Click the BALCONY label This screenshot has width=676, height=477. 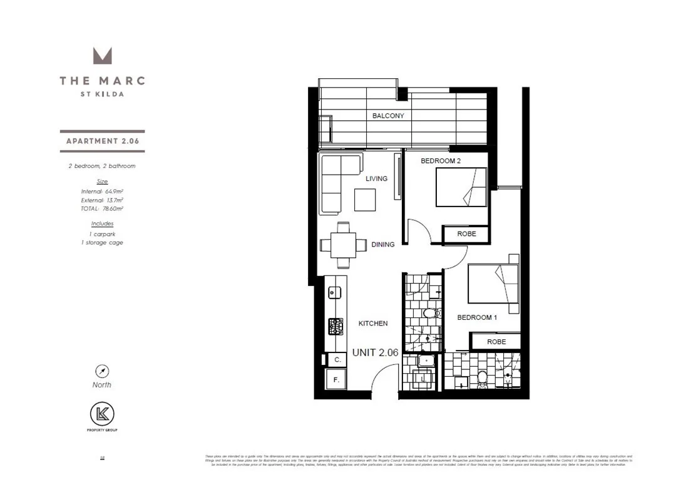pos(388,116)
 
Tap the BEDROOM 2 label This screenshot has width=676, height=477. pos(441,161)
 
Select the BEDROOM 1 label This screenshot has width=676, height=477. pos(477,317)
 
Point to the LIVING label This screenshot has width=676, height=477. pos(377,178)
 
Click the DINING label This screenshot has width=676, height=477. pos(383,244)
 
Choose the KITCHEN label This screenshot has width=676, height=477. pos(373,324)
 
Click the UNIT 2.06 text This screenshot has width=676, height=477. pos(376,352)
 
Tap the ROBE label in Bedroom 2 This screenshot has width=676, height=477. pos(466,234)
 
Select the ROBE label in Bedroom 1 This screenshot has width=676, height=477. pos(496,342)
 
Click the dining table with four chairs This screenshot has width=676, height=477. pos(343,245)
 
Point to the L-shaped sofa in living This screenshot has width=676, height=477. pos(338,182)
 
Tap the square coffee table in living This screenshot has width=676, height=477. pos(365,200)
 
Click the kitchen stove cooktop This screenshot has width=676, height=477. pos(335,326)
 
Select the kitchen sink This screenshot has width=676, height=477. pos(334,292)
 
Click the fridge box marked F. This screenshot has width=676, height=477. pos(336,379)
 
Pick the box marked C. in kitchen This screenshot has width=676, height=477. pos(337,360)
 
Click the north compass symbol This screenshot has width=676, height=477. pos(101,370)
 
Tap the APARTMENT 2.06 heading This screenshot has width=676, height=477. pos(102,141)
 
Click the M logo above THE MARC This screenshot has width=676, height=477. pos(102,55)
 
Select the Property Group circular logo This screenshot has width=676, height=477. pos(102,414)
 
